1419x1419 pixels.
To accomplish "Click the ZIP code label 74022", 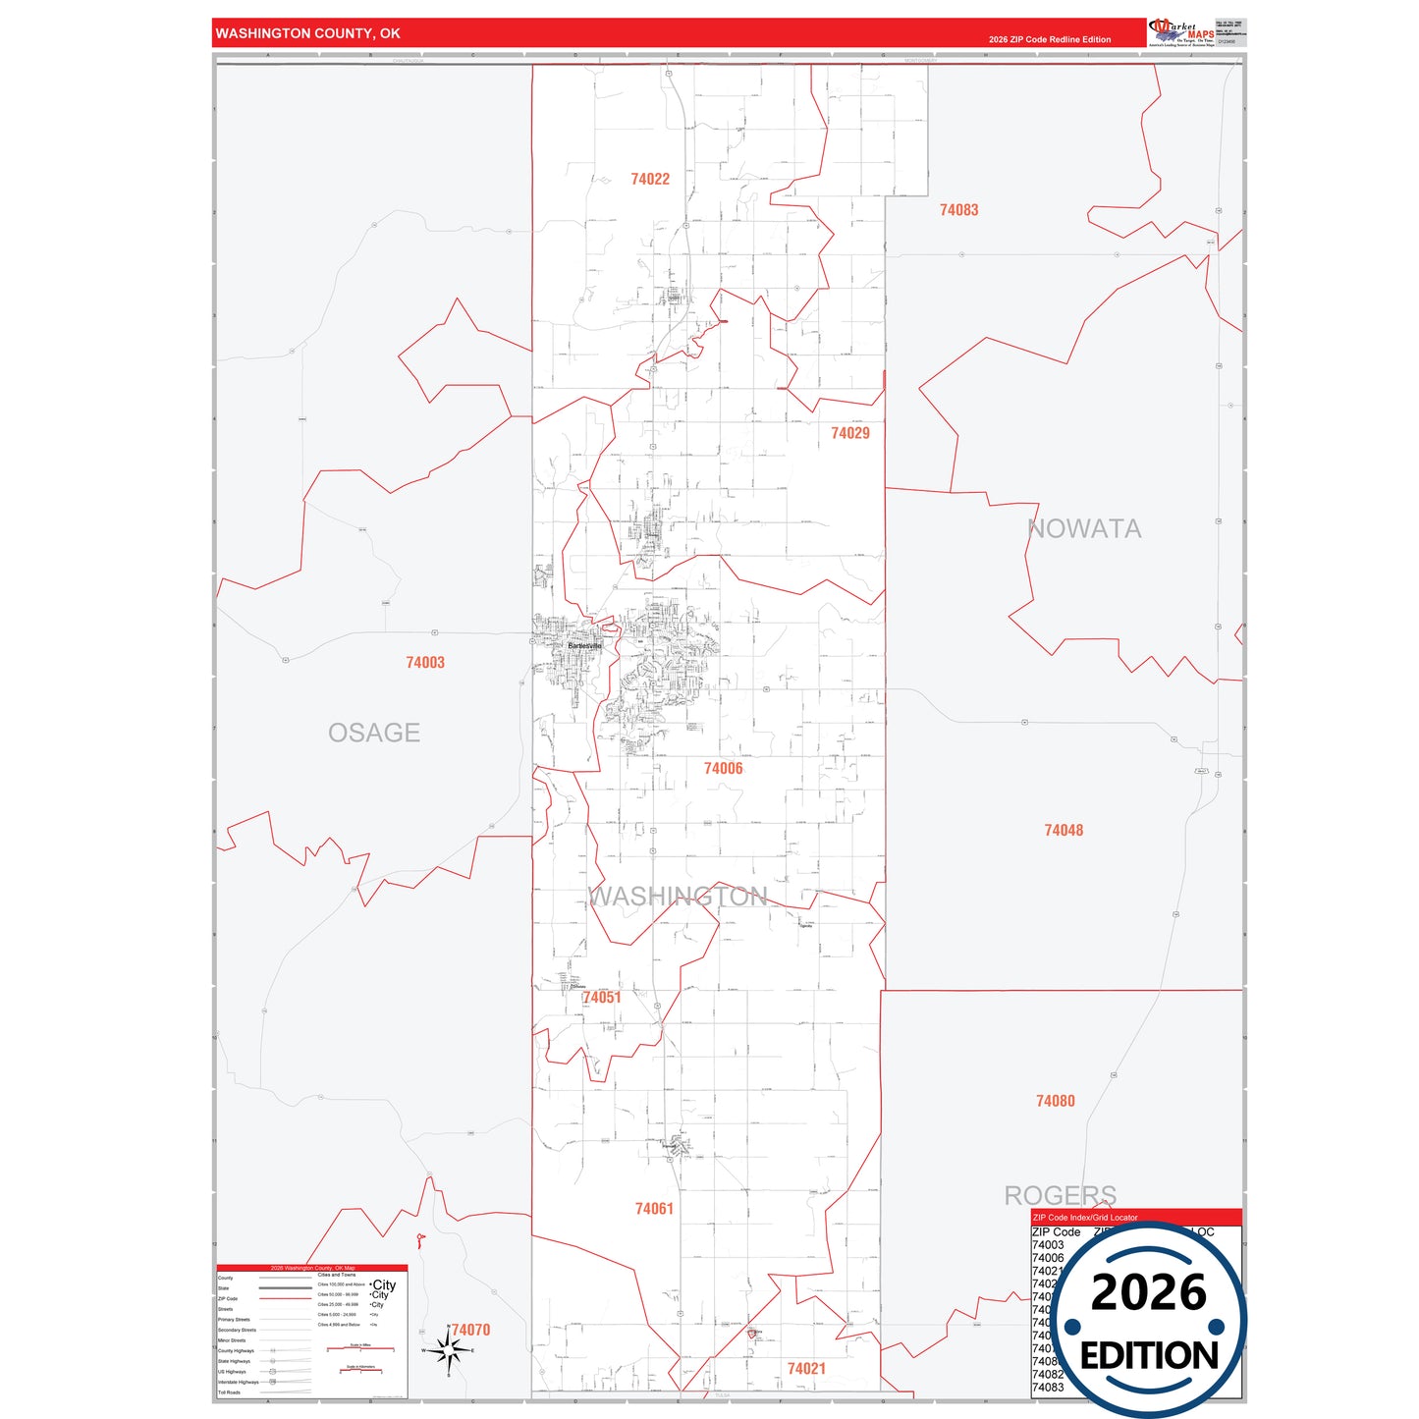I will pyautogui.click(x=650, y=179).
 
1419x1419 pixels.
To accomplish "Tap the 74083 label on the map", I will pyautogui.click(x=958, y=210).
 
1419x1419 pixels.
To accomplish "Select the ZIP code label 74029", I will pyautogui.click(x=849, y=433).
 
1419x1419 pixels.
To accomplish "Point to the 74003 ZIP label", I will pyautogui.click(x=425, y=663).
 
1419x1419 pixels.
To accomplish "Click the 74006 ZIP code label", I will pyautogui.click(x=723, y=769).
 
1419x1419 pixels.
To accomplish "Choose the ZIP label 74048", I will pyautogui.click(x=1064, y=831).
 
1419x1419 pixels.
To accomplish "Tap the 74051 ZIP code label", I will pyautogui.click(x=602, y=998).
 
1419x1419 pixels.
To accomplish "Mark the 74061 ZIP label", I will pyautogui.click(x=654, y=1209).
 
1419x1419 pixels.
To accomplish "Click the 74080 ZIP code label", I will pyautogui.click(x=1056, y=1102).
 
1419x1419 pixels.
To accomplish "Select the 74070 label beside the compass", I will pyautogui.click(x=470, y=1330).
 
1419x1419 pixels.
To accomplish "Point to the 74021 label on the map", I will pyautogui.click(x=806, y=1369).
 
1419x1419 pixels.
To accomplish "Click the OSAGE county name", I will pyautogui.click(x=374, y=733).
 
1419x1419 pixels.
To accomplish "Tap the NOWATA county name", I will pyautogui.click(x=1084, y=529).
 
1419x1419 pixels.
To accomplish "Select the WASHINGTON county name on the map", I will pyautogui.click(x=678, y=897).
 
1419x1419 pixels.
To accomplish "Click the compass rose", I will pyautogui.click(x=449, y=1351).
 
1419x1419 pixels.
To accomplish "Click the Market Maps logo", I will pyautogui.click(x=1180, y=32).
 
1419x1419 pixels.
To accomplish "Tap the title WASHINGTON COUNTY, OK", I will pyautogui.click(x=307, y=33).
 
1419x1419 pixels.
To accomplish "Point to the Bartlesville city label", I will pyautogui.click(x=584, y=645).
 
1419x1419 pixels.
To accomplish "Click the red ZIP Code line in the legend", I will pyautogui.click(x=285, y=1298).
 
